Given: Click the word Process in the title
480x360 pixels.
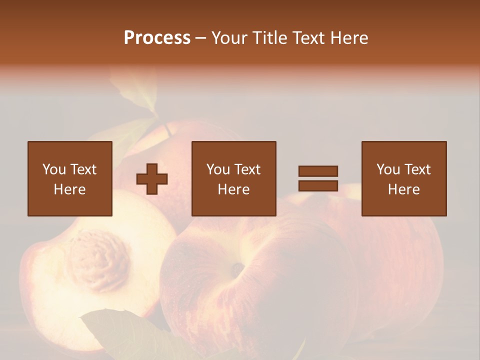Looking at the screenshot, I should pos(157,38).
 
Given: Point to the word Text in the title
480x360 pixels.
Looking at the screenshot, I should pos(307,38).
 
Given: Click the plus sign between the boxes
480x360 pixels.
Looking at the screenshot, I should pos(152,179).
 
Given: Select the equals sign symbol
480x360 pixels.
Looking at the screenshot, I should pos(318,178).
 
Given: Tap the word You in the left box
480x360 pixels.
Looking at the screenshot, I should pos(53,169).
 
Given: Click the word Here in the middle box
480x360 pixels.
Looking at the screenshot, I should pos(233,189).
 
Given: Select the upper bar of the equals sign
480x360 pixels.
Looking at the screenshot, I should pos(318,171).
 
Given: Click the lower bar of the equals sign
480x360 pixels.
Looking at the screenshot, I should pos(318,186).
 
